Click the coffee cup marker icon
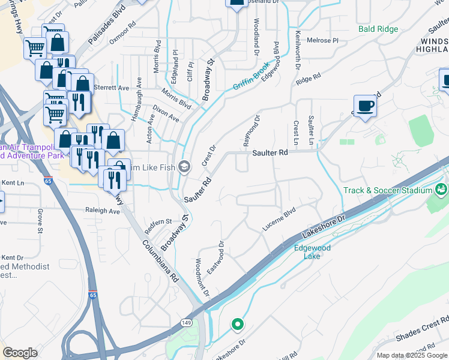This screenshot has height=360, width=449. [365, 106]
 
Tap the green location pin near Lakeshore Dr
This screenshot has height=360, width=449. [237, 325]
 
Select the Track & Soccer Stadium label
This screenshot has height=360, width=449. [388, 191]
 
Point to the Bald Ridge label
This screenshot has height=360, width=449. [378, 28]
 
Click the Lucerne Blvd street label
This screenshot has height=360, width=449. [279, 220]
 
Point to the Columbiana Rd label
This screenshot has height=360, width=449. [161, 261]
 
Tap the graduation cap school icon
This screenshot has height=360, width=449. [185, 167]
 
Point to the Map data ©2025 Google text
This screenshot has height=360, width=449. [412, 355]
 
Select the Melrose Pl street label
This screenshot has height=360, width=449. [323, 40]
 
